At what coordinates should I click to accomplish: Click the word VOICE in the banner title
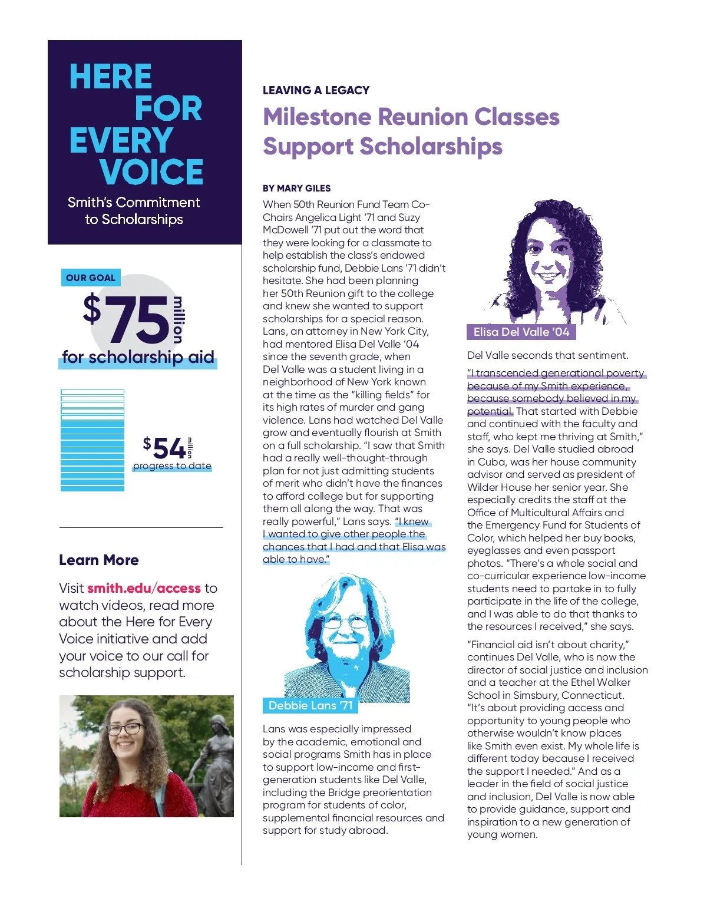coord(151,172)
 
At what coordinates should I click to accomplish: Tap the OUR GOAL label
coord(91,278)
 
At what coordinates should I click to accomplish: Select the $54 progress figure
coord(165,448)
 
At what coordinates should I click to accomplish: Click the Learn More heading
coord(99,560)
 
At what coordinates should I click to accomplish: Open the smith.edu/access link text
coord(144,588)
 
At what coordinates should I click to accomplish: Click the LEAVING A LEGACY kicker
coord(316,90)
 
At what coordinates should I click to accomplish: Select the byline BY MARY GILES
coord(297,189)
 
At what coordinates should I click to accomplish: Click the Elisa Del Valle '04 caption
coord(521,332)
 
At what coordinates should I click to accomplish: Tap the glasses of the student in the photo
coord(125,729)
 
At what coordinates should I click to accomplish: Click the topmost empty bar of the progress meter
coord(92,392)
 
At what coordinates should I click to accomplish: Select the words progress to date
coord(172,466)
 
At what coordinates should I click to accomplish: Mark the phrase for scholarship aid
coord(138,357)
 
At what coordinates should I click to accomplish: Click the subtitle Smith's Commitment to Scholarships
coord(134,210)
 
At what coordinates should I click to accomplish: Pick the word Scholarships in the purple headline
coord(431,146)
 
